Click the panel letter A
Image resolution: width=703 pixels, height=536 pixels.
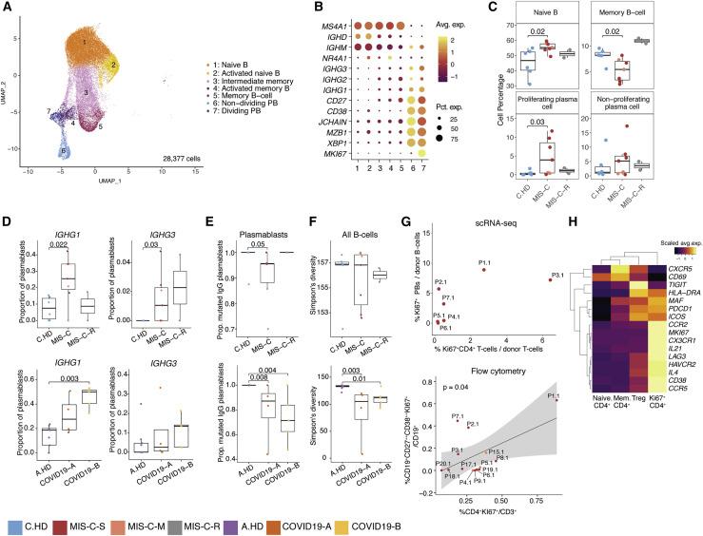7,9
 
